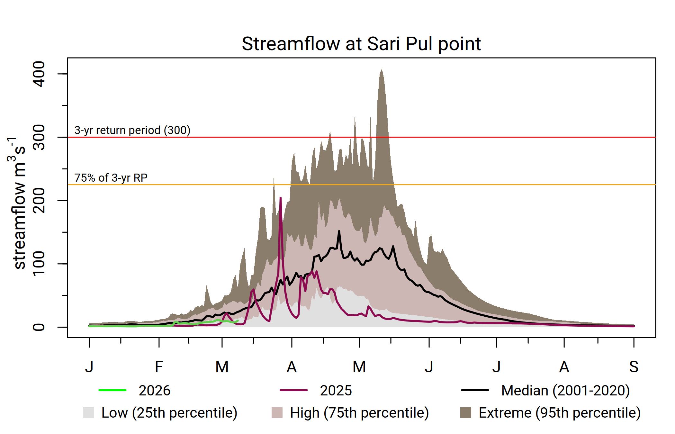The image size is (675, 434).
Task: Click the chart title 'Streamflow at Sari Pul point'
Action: pyautogui.click(x=361, y=44)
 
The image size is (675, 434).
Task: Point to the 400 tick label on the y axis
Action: pyautogui.click(x=39, y=74)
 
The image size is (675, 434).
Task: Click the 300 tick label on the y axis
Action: pyautogui.click(x=39, y=137)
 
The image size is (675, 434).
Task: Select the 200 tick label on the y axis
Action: pyautogui.click(x=39, y=201)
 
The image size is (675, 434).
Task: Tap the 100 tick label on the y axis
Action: pyautogui.click(x=39, y=264)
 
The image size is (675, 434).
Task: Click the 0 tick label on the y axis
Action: pyautogui.click(x=39, y=327)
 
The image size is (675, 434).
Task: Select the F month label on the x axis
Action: pyautogui.click(x=159, y=367)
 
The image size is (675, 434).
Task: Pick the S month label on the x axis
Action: pyautogui.click(x=634, y=367)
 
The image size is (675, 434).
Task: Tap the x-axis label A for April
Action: pyautogui.click(x=292, y=367)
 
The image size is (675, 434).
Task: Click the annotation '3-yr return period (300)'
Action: pyautogui.click(x=132, y=130)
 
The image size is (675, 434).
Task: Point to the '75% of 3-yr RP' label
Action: pyautogui.click(x=111, y=178)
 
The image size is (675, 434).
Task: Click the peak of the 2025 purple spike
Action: pyautogui.click(x=281, y=198)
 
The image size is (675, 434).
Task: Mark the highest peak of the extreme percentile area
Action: pyautogui.click(x=382, y=69)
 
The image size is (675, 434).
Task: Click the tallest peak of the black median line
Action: pyautogui.click(x=339, y=231)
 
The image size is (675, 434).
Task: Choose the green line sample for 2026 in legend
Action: pyautogui.click(x=113, y=390)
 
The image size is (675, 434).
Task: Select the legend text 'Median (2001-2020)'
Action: pyautogui.click(x=565, y=391)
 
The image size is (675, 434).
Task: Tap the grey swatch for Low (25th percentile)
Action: pyautogui.click(x=88, y=412)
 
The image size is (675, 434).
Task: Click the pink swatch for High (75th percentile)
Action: pyautogui.click(x=277, y=412)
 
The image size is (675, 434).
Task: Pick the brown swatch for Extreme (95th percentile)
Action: pyautogui.click(x=466, y=412)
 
